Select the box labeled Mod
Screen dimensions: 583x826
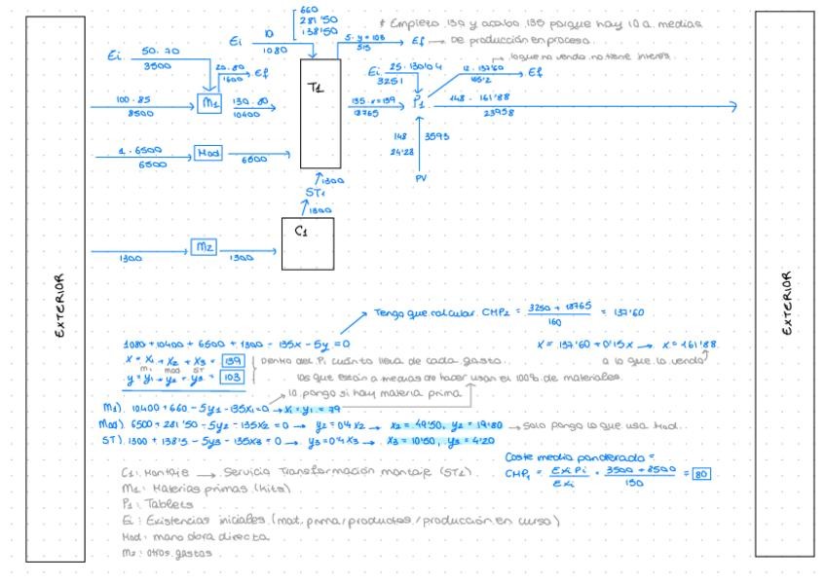pos(207,152)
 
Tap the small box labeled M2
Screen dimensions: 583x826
pos(205,247)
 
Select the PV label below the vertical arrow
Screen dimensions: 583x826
pos(421,178)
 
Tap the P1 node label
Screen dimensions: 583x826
pos(419,100)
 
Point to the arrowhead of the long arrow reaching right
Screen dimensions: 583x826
pos(734,107)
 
